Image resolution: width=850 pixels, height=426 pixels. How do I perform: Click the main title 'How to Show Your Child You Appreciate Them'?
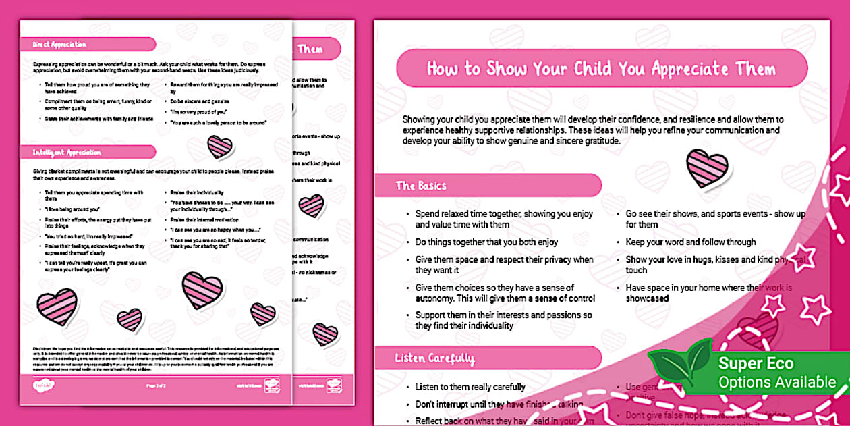point(601,69)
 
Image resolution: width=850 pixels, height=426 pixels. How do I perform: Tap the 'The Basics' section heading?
point(421,186)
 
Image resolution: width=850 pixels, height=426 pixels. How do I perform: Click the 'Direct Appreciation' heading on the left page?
point(60,45)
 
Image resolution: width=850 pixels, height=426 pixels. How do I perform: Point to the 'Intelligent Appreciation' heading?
point(67,153)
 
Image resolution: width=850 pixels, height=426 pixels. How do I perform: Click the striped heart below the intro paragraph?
point(706,167)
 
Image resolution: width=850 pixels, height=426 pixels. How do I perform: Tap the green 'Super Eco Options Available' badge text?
point(776,373)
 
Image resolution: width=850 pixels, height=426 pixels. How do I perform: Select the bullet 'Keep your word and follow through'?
point(691,242)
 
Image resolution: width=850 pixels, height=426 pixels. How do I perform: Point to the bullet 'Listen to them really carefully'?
point(470,387)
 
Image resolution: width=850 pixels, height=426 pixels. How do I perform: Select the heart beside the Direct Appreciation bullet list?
point(219,146)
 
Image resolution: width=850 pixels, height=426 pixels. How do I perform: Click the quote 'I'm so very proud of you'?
point(200,111)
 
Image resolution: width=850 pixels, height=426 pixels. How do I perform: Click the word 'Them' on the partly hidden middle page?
point(310,49)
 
